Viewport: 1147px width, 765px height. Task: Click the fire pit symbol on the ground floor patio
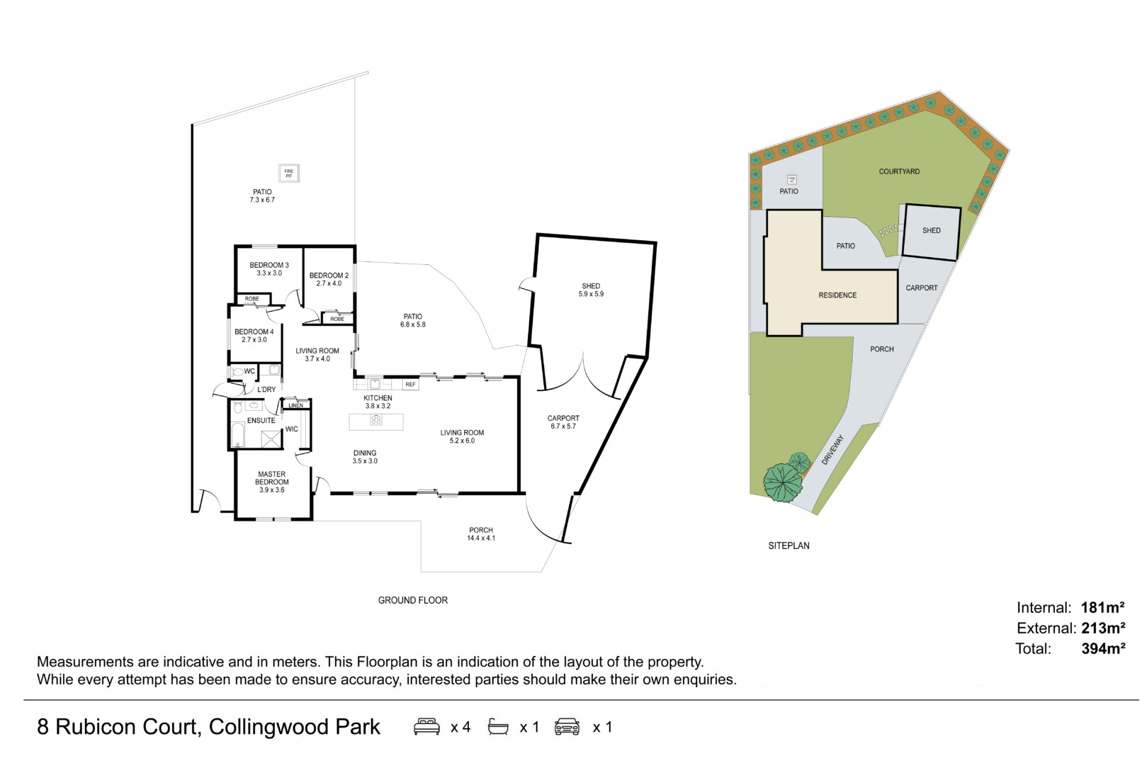coord(289,173)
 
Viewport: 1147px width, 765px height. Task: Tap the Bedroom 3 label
coord(269,269)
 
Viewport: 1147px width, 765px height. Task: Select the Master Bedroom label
coord(272,482)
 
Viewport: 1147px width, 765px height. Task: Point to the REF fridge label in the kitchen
coord(410,385)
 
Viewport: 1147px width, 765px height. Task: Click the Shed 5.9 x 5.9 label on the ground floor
coord(591,290)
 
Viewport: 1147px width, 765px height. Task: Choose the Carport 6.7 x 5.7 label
coord(563,422)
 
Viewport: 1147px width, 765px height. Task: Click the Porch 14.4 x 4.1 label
coord(481,534)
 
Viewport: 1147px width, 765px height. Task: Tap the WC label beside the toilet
coord(249,371)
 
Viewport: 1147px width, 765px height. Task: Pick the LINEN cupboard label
coord(296,405)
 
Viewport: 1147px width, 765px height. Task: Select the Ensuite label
coord(261,421)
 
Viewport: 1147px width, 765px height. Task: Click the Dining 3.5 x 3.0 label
coord(365,457)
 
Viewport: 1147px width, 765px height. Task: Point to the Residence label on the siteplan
coord(837,295)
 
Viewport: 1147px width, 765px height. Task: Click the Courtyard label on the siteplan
coord(899,171)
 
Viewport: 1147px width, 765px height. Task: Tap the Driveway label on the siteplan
coord(833,450)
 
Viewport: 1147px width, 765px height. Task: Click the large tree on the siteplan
coord(782,482)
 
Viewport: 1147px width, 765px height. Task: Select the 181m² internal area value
coord(1102,608)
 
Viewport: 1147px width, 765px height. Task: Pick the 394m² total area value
coord(1103,649)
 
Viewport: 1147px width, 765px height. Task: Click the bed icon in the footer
coord(426,727)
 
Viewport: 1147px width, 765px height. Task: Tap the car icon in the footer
coord(567,727)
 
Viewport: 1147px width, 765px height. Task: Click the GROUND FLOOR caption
coord(412,601)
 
